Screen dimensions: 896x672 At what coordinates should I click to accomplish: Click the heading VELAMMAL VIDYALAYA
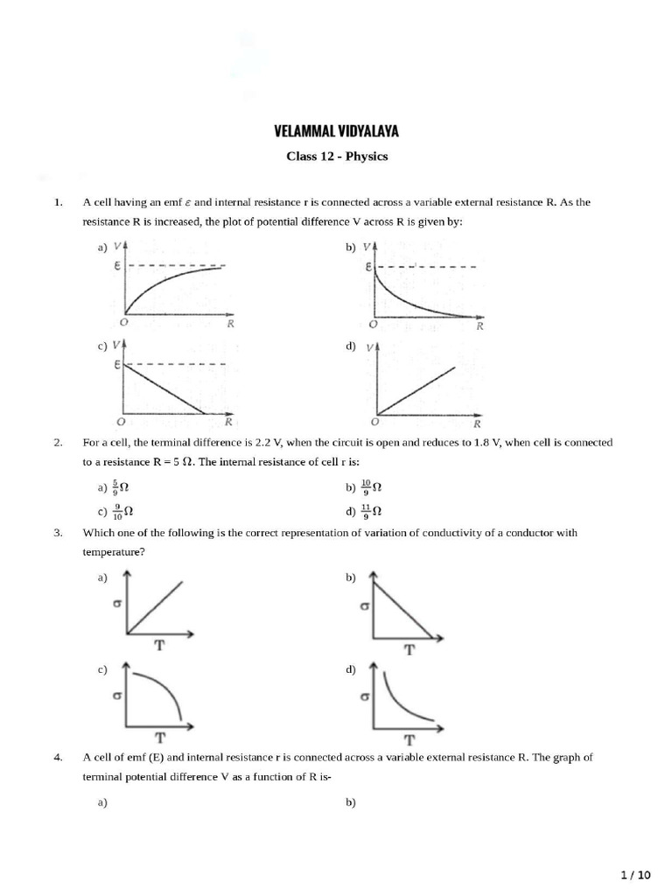coord(337,132)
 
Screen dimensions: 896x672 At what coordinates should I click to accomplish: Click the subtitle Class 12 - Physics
coord(337,157)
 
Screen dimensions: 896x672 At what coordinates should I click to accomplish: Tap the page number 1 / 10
coord(635,874)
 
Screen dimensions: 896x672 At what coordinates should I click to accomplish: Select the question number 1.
coord(58,202)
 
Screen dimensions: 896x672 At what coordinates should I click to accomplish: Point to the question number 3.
coord(58,532)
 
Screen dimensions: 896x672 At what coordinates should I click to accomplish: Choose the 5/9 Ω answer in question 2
coord(119,487)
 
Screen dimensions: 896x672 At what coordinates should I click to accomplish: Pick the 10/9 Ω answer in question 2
coord(371,487)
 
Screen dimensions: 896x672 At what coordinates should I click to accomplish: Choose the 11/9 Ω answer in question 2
coord(371,511)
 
